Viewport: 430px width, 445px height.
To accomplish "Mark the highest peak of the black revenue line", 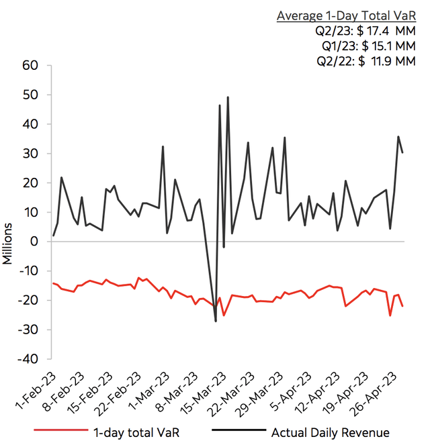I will coord(228,97).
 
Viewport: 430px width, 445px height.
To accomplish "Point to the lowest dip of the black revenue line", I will coord(216,321).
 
